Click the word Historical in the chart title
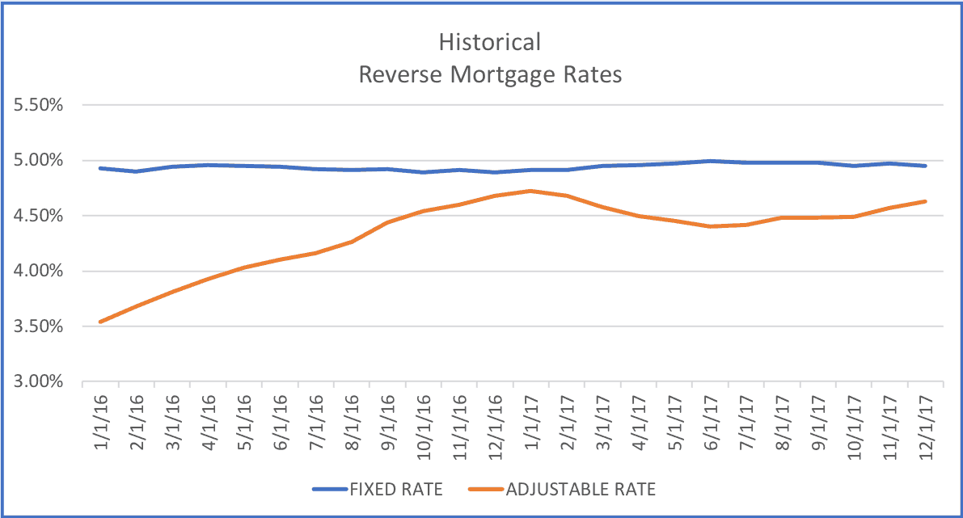(x=489, y=41)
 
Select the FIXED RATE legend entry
(x=381, y=489)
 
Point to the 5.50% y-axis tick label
(x=37, y=105)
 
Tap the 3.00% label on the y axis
(x=37, y=382)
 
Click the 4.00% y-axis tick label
(x=37, y=272)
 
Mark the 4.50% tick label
(x=37, y=216)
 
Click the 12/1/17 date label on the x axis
(x=924, y=421)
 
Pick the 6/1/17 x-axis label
(x=709, y=418)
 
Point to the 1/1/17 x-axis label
(x=530, y=418)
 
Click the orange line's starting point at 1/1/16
(x=100, y=322)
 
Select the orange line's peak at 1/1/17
(x=530, y=191)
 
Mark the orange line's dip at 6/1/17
(x=709, y=226)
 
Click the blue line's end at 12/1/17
(x=925, y=166)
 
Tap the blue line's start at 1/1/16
(x=100, y=168)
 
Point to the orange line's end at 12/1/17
(x=925, y=201)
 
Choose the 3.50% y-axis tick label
(x=37, y=326)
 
